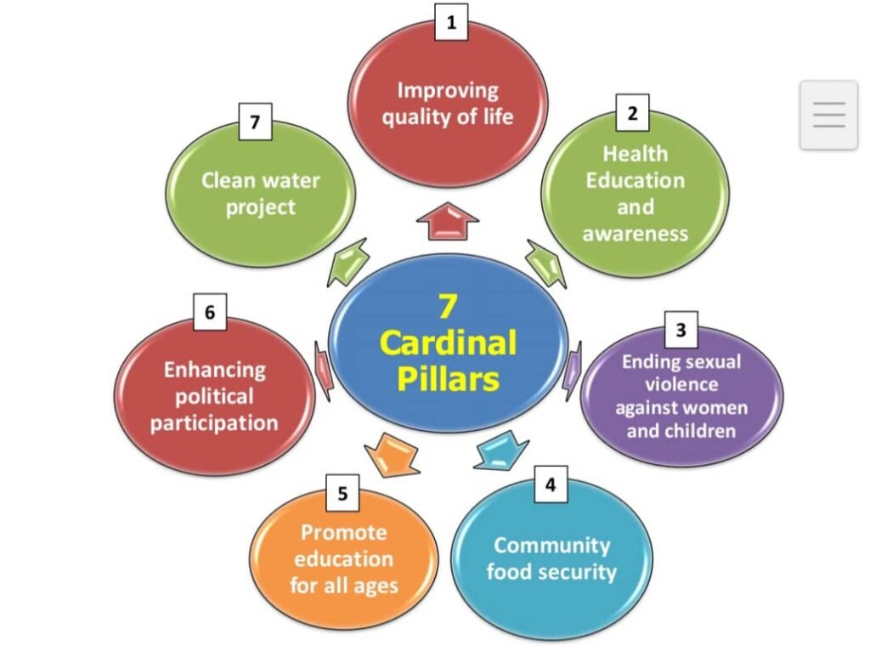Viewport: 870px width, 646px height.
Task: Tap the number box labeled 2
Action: tap(631, 113)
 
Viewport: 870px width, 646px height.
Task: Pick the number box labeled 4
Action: tap(551, 485)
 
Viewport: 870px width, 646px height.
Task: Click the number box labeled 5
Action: tap(342, 494)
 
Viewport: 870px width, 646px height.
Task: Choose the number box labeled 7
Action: tap(254, 123)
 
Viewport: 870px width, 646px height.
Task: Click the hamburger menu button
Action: tap(828, 115)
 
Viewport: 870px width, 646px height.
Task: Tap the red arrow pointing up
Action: tap(448, 222)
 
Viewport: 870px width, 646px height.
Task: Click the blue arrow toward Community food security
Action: tap(501, 451)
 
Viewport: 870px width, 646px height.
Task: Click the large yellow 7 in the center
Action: tap(448, 307)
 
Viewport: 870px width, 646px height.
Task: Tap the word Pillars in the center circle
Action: tap(448, 379)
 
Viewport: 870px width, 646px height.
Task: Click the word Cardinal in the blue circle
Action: tap(448, 343)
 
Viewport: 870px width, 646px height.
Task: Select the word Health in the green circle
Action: tap(635, 154)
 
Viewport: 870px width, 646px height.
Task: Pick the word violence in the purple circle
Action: tap(681, 384)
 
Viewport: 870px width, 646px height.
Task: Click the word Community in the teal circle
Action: tap(551, 545)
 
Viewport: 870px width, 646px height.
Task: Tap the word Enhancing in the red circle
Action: tap(214, 370)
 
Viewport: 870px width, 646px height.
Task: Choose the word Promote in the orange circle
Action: tap(343, 533)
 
